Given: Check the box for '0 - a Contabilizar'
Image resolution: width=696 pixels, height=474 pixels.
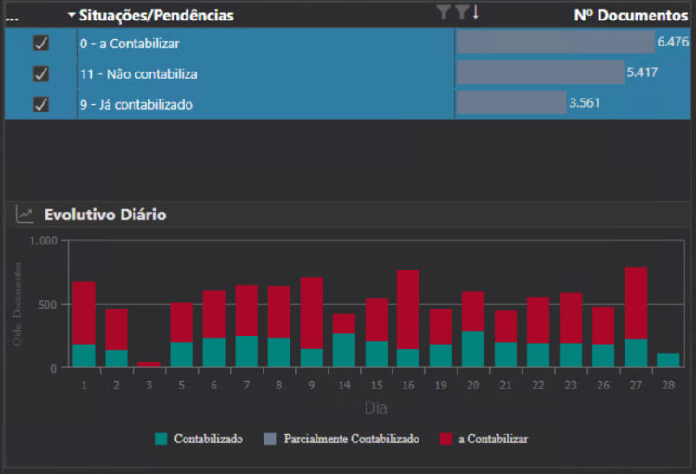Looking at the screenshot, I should point(41,43).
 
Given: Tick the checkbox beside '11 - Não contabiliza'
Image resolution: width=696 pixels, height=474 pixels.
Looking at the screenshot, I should point(41,73).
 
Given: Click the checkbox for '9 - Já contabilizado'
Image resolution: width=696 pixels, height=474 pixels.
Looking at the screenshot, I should point(41,104).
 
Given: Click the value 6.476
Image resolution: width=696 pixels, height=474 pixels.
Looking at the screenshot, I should point(673,42).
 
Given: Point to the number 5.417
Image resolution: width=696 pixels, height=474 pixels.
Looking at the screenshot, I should point(642,72).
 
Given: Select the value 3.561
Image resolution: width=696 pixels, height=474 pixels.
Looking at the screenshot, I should point(585,102).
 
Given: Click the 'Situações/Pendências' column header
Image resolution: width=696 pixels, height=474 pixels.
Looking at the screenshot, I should point(156,15).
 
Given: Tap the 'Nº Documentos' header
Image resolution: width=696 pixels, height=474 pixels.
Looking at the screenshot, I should point(630,15).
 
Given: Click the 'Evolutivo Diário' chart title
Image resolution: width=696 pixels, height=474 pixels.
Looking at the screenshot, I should point(105,215).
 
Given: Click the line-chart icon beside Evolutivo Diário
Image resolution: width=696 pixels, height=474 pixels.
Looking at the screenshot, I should point(25,215).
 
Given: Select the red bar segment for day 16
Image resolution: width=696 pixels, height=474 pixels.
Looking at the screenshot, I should point(408,309).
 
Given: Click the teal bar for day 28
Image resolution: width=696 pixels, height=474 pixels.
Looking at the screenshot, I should point(668,361).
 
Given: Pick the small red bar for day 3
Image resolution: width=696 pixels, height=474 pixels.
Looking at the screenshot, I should point(148,364).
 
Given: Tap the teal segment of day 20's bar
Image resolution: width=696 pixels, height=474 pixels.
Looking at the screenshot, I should point(473,349).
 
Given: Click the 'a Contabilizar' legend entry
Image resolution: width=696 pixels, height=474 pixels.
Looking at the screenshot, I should point(493,439).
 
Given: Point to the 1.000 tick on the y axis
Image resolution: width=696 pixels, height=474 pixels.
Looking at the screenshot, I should point(44,241).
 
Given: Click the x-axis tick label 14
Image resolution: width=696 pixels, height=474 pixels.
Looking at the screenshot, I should point(343,385).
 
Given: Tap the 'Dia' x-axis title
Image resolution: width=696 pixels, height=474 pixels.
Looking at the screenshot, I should point(376,407).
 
